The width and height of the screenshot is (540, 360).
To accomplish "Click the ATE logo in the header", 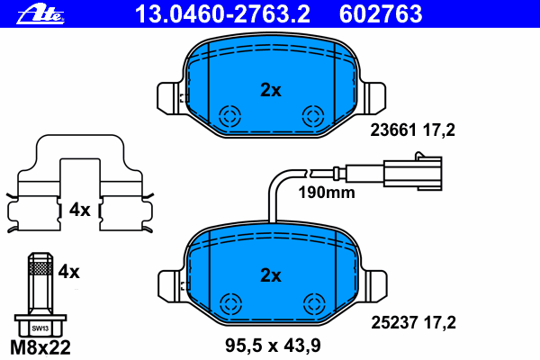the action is [x=40, y=15].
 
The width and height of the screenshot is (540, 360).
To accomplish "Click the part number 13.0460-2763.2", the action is [x=222, y=14].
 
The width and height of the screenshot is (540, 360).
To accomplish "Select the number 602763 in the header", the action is [x=381, y=14].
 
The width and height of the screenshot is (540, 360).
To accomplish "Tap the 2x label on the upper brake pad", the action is [x=271, y=90].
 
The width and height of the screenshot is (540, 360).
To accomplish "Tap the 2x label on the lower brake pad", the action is [x=271, y=275].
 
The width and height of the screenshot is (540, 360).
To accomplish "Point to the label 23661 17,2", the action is [x=412, y=130].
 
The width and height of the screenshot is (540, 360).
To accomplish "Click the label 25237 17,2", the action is [x=413, y=323].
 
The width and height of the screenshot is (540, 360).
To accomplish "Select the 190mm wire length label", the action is [x=327, y=193].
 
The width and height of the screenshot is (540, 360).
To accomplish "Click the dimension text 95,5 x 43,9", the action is [x=273, y=346].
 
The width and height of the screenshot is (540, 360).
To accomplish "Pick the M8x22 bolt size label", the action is [x=40, y=347].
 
